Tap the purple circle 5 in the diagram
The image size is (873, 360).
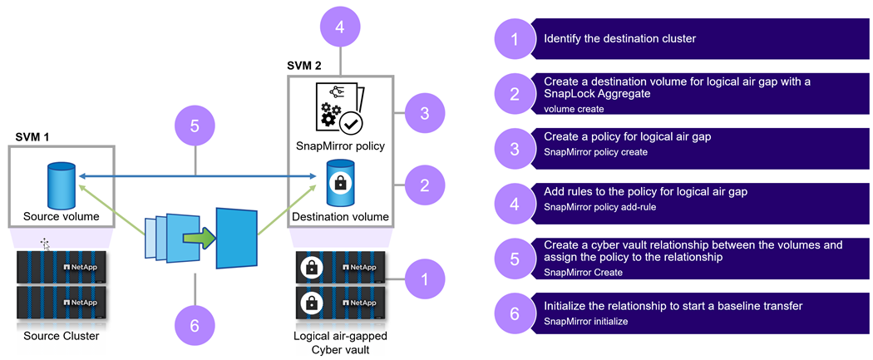coord(194,126)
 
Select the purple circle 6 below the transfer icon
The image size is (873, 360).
coord(195,325)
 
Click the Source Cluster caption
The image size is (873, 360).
coord(57,336)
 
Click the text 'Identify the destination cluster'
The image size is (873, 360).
coord(619,38)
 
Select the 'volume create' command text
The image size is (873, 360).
coord(573,109)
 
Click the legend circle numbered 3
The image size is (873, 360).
coord(515,149)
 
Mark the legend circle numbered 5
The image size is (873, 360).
coord(515,259)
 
